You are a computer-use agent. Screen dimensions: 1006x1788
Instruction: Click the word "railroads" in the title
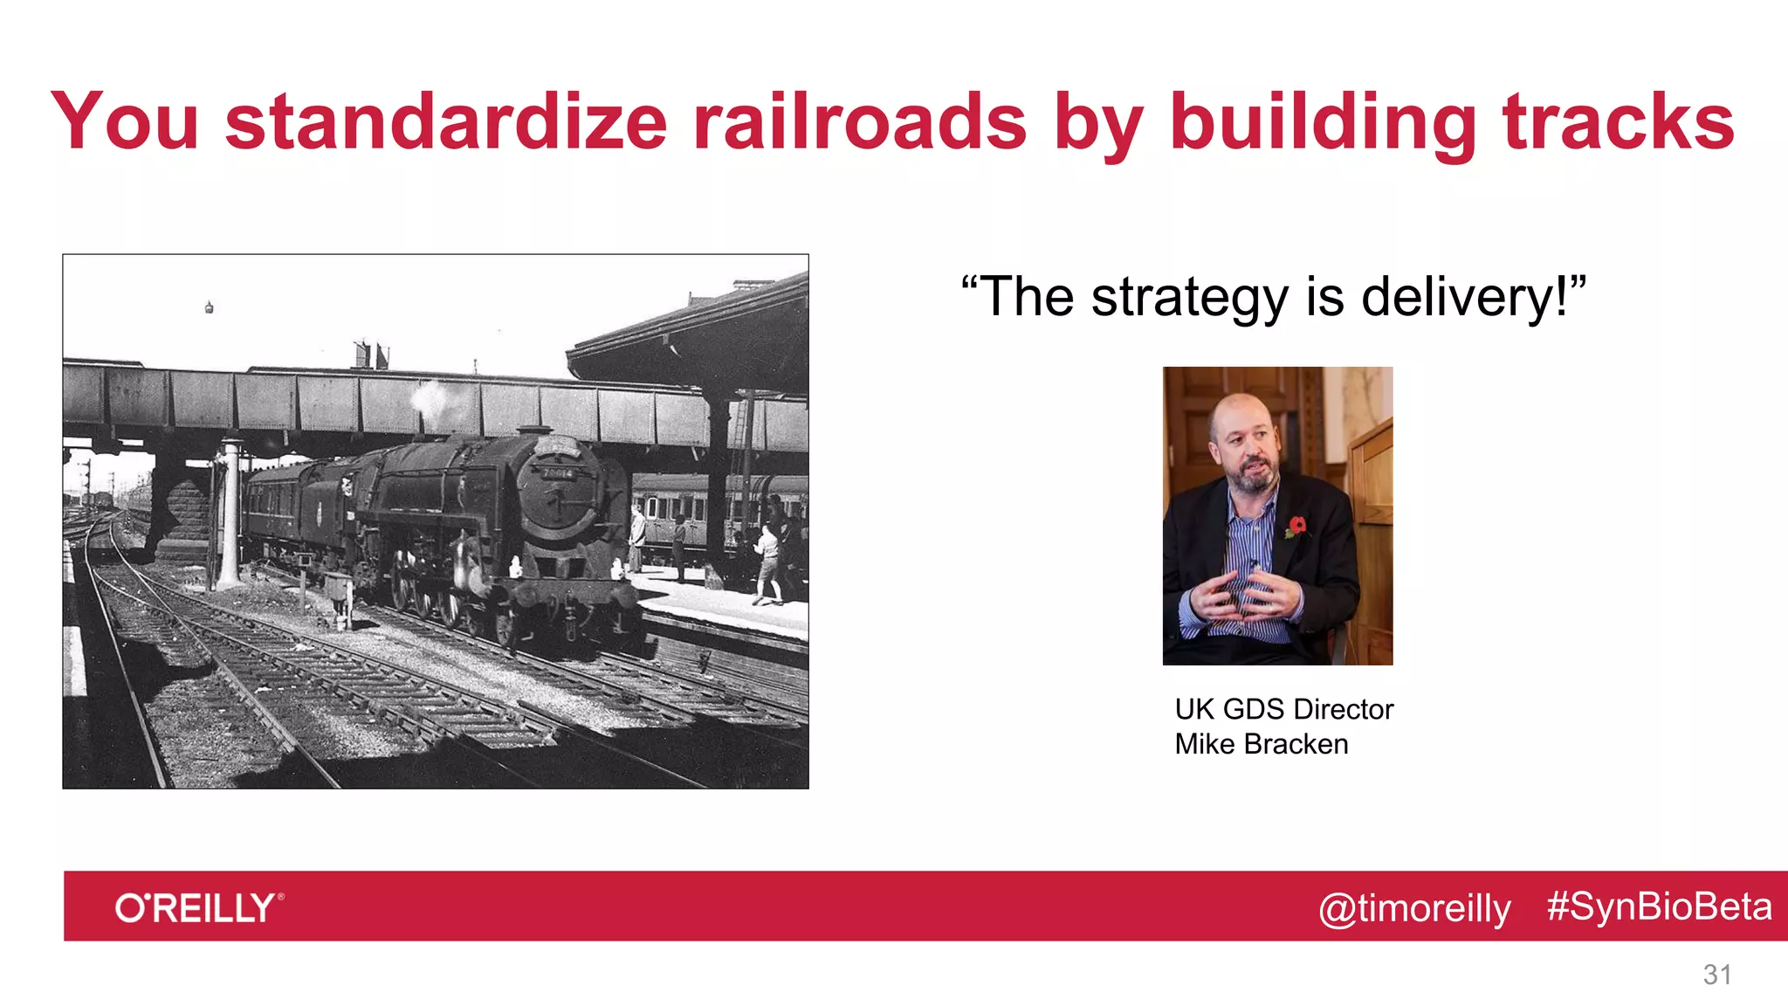(860, 122)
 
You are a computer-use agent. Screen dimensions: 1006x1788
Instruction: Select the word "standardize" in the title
(446, 122)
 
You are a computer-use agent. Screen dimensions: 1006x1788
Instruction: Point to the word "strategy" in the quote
(1189, 299)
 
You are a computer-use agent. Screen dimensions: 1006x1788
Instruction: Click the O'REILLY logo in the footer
(199, 907)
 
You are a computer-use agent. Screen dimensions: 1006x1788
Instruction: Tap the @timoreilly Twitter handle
(1414, 908)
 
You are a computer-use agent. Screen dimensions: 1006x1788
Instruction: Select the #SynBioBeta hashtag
(1659, 906)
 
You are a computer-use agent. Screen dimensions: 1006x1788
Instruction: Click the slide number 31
(1717, 975)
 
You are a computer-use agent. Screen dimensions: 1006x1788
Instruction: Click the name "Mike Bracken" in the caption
(1261, 744)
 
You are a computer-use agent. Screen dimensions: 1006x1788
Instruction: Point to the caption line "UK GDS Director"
(1283, 709)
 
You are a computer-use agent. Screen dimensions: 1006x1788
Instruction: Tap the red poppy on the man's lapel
(1296, 526)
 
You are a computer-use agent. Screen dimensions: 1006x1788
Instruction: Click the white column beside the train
(230, 515)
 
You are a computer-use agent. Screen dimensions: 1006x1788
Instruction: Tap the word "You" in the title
(125, 122)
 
